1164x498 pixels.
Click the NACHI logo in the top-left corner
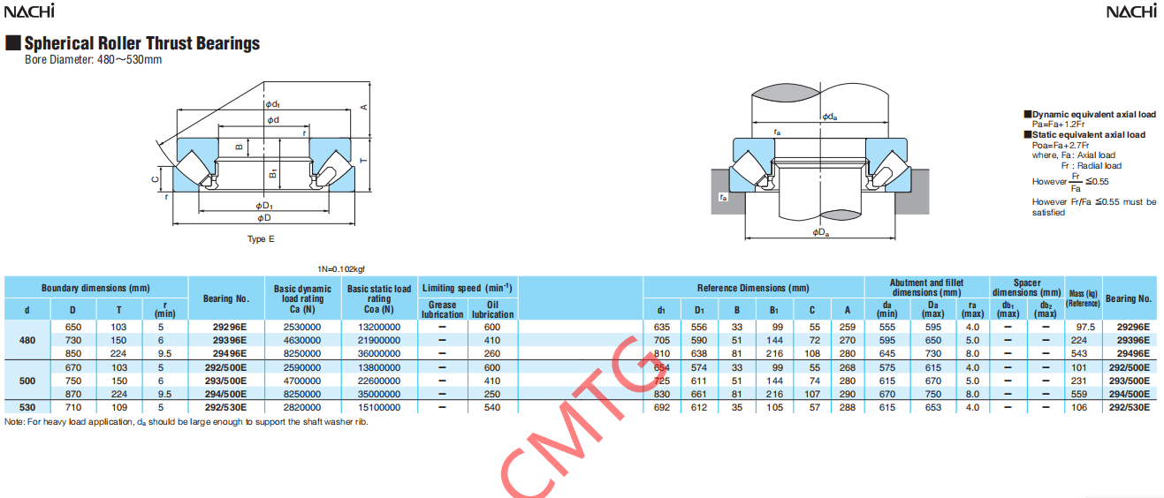tap(29, 11)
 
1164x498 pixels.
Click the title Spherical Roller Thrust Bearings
tap(142, 43)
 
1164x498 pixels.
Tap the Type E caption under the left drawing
tap(261, 239)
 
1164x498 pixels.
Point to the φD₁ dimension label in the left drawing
tap(264, 206)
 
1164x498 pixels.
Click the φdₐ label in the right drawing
tap(829, 117)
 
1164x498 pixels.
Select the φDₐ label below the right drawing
tap(820, 232)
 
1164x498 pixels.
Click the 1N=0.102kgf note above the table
tap(341, 269)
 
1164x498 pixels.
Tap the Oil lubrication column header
tap(492, 310)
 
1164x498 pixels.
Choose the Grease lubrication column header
tap(442, 310)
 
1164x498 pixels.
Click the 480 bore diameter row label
tap(27, 340)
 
